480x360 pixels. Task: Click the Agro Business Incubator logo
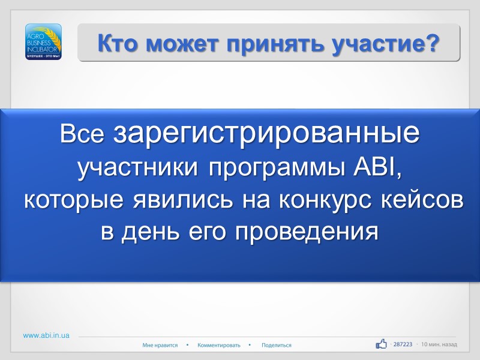click(43, 42)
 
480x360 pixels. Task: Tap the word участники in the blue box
click(139, 169)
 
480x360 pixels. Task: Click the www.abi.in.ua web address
click(46, 335)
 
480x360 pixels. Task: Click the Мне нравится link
click(160, 345)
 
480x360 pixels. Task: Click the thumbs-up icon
click(381, 344)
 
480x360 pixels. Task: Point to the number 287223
click(403, 344)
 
